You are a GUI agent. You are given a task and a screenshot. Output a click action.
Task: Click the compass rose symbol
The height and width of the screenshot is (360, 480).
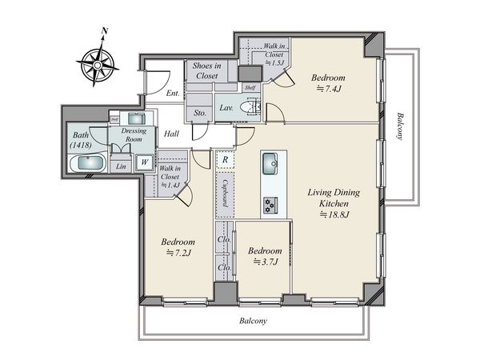click(x=98, y=65)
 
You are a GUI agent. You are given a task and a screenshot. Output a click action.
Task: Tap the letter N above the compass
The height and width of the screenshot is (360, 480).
click(x=105, y=30)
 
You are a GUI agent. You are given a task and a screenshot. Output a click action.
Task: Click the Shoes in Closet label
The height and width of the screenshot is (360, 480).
click(x=207, y=70)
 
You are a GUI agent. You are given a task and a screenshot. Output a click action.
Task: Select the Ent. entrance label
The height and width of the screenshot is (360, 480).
click(x=173, y=93)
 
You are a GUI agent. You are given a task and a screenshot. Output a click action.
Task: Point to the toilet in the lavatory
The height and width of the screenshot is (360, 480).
click(x=250, y=107)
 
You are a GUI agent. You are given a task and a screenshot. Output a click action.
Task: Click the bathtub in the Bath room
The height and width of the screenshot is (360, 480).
click(x=89, y=162)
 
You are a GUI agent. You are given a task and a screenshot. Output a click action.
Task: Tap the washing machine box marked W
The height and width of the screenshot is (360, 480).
click(x=145, y=162)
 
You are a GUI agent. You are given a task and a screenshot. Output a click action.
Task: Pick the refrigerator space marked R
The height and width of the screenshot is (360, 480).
click(x=225, y=160)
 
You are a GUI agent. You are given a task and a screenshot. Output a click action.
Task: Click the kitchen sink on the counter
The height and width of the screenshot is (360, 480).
click(x=270, y=163)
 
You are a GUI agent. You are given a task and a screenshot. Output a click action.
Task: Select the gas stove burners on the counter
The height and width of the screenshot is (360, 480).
click(x=270, y=205)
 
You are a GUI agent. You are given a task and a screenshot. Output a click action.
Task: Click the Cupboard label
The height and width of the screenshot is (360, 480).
click(x=226, y=193)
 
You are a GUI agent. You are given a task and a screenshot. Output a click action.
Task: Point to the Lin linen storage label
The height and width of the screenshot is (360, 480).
click(x=121, y=166)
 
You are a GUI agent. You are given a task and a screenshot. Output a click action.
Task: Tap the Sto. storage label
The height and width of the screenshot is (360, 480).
click(x=200, y=113)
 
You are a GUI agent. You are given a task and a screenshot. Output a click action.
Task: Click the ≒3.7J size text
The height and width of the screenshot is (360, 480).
click(x=266, y=262)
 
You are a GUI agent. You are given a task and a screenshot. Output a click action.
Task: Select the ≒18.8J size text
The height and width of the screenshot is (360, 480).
click(x=334, y=214)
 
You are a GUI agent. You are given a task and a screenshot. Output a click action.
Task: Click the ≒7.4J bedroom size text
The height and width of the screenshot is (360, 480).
click(x=329, y=89)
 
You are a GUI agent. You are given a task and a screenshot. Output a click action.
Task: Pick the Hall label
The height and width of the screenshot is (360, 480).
click(x=171, y=134)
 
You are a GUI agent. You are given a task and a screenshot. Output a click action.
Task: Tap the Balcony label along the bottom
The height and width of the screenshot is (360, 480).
click(x=253, y=321)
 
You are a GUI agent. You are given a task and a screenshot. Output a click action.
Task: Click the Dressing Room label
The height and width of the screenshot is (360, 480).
click(x=134, y=134)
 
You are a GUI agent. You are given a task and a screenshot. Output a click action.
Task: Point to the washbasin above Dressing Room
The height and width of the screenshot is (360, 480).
click(x=137, y=118)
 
